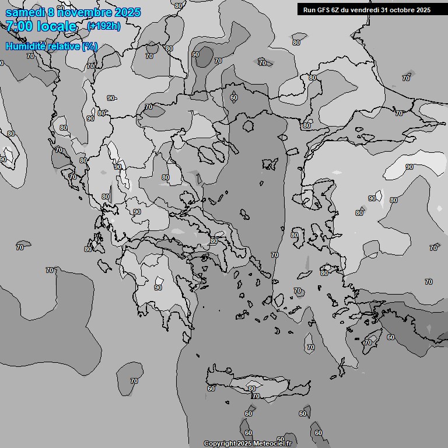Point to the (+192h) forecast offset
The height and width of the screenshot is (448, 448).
[x=104, y=26]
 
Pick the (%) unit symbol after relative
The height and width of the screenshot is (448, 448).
[x=90, y=46]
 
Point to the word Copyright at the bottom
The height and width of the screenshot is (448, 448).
[x=219, y=444]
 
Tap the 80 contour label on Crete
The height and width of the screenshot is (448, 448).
[x=251, y=388]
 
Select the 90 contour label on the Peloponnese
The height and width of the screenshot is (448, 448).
[x=158, y=288]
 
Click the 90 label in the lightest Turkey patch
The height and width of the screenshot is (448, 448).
[x=409, y=167]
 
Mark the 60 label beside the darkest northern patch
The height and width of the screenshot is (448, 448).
[x=195, y=54]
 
